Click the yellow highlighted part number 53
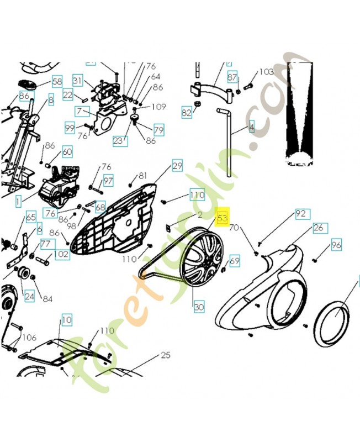point(223,218)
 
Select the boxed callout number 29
point(177,165)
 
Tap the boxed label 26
point(318,228)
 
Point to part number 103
point(266,72)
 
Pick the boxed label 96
point(336,244)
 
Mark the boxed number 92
point(300,213)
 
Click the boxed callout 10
point(66,319)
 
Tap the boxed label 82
point(187,113)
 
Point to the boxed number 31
point(77,81)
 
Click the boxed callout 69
point(235,260)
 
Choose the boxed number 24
point(29,296)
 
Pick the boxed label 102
point(62,255)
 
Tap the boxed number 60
point(66,151)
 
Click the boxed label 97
point(108,181)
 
